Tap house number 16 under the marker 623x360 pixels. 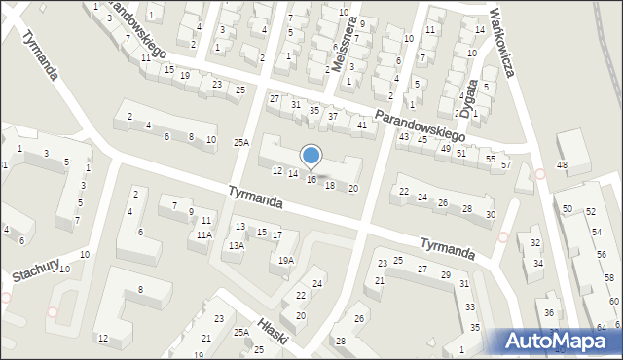click(x=311, y=179)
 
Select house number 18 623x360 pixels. click(x=330, y=185)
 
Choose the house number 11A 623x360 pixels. click(x=203, y=234)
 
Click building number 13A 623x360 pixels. click(x=236, y=246)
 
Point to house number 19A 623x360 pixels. click(x=285, y=260)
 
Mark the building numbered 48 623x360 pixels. click(x=562, y=165)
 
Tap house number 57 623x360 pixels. click(x=506, y=164)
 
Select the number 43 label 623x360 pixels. click(x=403, y=136)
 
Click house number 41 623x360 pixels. click(x=362, y=125)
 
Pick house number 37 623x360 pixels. click(x=333, y=117)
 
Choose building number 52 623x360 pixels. click(x=591, y=211)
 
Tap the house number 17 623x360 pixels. click(x=278, y=235)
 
